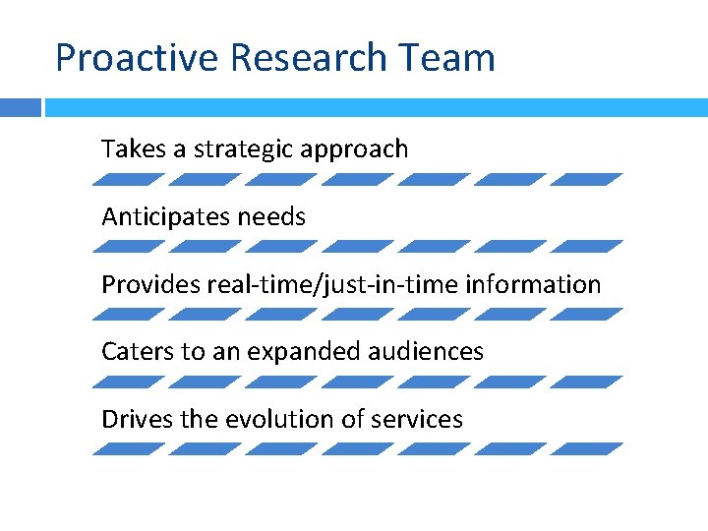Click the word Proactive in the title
tap(138, 58)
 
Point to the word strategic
tap(245, 149)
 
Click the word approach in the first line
tap(355, 149)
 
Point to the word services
tap(417, 419)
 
